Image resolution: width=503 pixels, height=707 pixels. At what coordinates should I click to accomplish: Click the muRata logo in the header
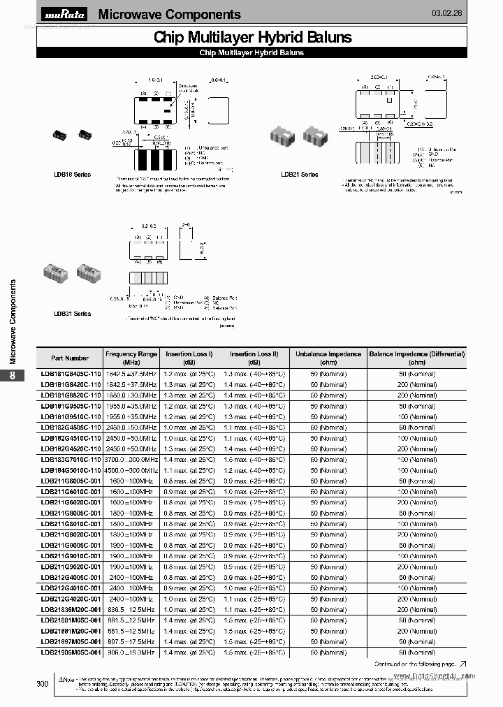click(65, 15)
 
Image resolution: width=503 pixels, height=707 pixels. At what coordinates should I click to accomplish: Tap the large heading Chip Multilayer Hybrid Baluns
click(252, 38)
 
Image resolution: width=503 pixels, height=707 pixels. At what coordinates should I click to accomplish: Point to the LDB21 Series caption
click(299, 174)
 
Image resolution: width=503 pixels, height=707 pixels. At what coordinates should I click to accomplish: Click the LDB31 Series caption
click(73, 314)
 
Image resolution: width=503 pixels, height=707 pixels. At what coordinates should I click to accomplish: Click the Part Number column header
click(71, 358)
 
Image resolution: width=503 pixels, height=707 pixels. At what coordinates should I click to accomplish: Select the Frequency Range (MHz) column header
click(131, 358)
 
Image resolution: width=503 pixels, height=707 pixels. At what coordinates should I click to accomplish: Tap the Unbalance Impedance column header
click(328, 358)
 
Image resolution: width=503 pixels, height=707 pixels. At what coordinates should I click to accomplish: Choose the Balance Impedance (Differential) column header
click(416, 358)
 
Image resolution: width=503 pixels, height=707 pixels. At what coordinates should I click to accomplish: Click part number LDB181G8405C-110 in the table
click(71, 374)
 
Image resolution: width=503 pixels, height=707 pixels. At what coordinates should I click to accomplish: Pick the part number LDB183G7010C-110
click(71, 459)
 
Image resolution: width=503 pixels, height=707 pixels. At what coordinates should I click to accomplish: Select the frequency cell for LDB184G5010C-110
click(131, 470)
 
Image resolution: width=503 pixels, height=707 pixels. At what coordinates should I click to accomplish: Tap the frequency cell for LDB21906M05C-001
click(131, 652)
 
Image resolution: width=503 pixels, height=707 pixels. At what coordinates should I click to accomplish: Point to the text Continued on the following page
click(415, 664)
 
